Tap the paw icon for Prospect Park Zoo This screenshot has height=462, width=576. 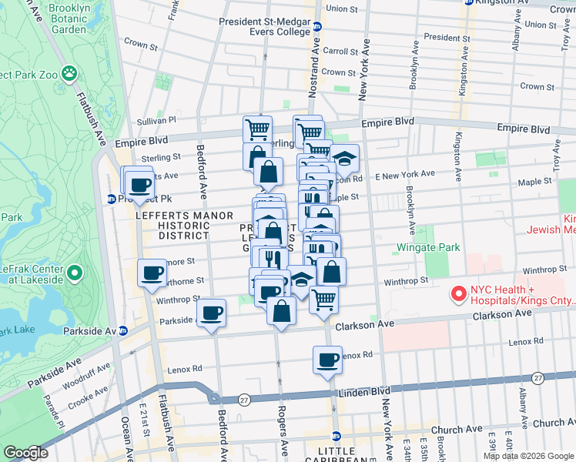[x=69, y=73]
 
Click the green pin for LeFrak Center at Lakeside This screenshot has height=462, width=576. [x=75, y=273]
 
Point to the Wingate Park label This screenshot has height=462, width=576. [x=428, y=248]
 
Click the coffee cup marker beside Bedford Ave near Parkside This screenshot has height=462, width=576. [x=211, y=313]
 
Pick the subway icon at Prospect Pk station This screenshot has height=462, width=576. [x=111, y=199]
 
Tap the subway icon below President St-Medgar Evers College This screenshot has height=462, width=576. [x=316, y=25]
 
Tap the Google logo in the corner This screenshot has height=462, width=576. [x=25, y=453]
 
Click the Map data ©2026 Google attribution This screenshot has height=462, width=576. [x=529, y=456]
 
